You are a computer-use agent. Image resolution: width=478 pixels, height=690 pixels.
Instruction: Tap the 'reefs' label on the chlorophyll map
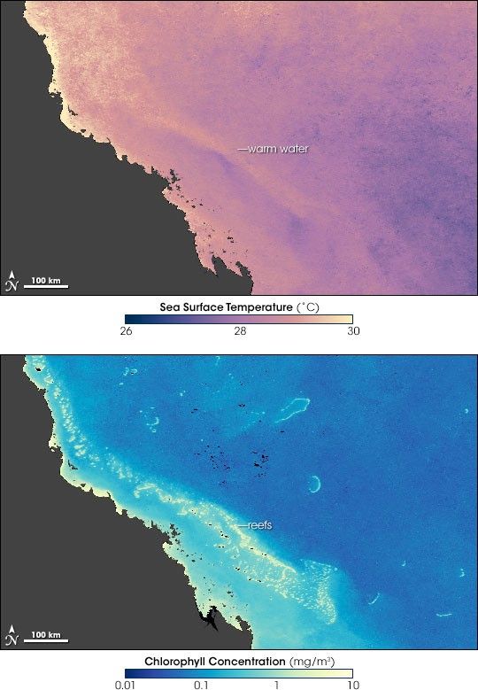258,525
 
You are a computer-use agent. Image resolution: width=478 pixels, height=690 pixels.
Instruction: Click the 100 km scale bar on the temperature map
45,283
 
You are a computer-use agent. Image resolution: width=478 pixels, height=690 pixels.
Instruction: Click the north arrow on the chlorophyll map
12,634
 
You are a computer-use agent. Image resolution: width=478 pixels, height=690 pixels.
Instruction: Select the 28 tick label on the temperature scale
238,332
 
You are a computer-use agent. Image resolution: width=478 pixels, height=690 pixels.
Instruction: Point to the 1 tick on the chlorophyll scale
276,685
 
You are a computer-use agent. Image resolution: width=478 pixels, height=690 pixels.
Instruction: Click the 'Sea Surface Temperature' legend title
238,306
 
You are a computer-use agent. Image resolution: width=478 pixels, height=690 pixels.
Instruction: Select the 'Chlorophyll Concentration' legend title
238,661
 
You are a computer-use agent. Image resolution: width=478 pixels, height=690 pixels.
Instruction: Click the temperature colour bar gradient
238,319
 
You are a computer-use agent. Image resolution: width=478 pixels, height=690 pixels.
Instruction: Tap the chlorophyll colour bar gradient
238,672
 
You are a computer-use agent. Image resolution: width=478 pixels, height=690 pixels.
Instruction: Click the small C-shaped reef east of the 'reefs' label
313,484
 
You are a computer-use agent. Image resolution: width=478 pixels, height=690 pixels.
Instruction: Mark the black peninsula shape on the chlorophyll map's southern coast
210,615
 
